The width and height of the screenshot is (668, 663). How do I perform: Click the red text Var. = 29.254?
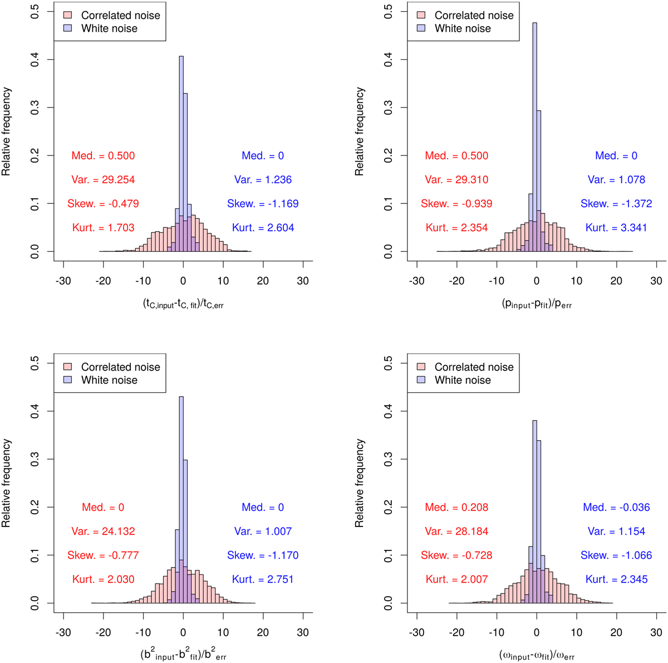point(103,180)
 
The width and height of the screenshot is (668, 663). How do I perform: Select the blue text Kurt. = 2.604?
point(263,227)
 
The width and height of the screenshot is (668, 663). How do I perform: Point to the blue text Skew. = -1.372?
point(616,204)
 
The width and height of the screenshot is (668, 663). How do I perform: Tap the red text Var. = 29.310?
point(456,180)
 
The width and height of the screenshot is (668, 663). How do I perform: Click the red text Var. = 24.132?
point(103,532)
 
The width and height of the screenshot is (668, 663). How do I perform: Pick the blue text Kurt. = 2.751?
point(263,579)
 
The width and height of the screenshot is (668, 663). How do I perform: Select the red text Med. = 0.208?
point(456,508)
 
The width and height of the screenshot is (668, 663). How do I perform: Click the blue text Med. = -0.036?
point(616,508)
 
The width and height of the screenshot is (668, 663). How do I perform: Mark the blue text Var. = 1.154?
point(616,532)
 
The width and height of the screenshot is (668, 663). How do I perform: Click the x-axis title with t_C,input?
point(183,304)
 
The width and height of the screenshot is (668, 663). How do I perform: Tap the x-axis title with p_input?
point(537,304)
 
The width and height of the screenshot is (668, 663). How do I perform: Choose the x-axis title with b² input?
point(183,655)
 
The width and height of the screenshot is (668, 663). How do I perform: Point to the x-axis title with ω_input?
point(537,655)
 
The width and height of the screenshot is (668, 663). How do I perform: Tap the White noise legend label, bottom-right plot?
point(463,380)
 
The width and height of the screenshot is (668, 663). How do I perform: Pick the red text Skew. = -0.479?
point(103,204)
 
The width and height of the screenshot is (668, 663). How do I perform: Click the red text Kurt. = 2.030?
point(103,579)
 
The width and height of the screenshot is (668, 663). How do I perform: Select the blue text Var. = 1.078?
point(616,180)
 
